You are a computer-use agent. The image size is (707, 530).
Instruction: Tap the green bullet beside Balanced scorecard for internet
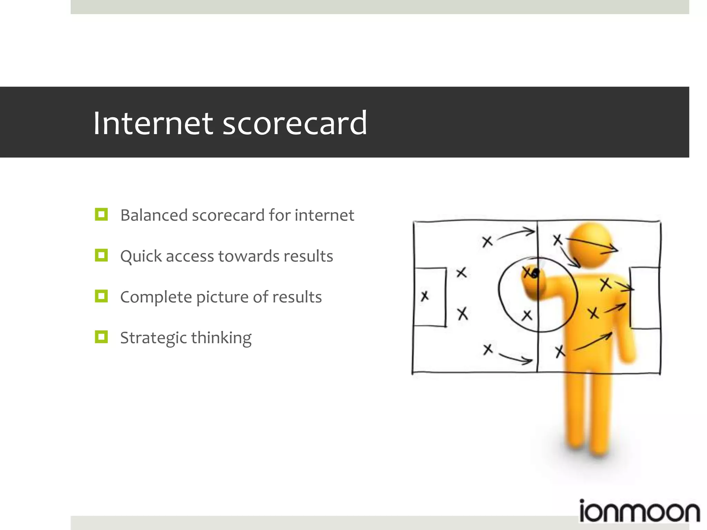pos(101,214)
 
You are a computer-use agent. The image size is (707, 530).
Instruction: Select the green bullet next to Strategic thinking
pos(101,337)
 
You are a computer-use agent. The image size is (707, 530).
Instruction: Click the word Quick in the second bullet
pos(141,256)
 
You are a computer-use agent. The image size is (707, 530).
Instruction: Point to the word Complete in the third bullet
pos(156,297)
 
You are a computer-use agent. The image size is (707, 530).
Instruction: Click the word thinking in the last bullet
pos(221,338)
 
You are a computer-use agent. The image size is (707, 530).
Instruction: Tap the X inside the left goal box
pos(425,296)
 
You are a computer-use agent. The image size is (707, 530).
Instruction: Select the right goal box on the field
pos(645,297)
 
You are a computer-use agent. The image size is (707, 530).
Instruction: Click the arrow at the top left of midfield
pos(516,233)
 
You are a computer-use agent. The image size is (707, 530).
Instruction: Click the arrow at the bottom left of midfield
pos(515,359)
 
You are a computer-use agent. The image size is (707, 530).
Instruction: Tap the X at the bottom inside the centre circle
pos(527,315)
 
